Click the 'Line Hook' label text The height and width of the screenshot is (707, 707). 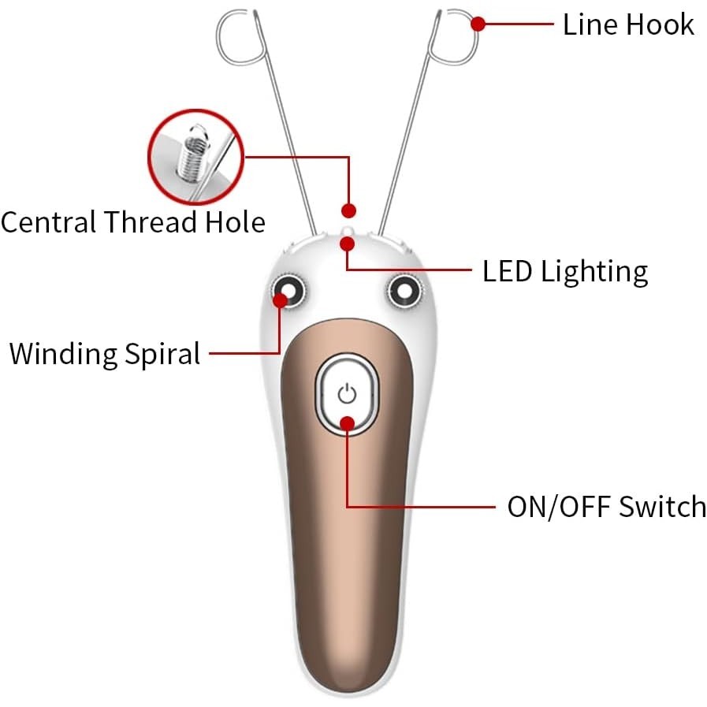point(628,24)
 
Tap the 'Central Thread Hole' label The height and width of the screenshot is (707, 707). point(133,221)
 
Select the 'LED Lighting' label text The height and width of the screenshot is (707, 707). point(565,271)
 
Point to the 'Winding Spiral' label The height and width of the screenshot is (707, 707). point(105,353)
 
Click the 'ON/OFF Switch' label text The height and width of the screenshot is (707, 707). point(606,506)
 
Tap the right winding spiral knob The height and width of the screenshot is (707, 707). point(405,292)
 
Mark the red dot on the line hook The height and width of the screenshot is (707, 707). point(478,24)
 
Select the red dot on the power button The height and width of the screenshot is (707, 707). point(348,423)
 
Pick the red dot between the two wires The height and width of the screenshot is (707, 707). point(348,210)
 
